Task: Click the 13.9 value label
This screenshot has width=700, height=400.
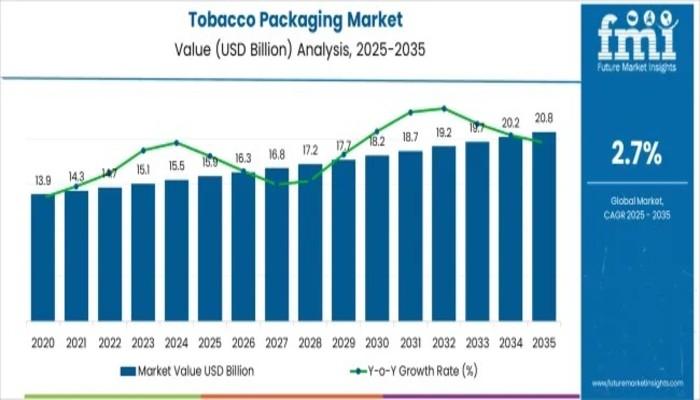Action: pyautogui.click(x=43, y=181)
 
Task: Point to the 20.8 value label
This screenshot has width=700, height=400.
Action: pyautogui.click(x=544, y=119)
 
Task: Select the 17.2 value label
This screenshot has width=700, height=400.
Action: pyautogui.click(x=310, y=151)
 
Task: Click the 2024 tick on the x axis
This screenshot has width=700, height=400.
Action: pyautogui.click(x=176, y=341)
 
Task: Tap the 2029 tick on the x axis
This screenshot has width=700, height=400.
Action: pyautogui.click(x=343, y=341)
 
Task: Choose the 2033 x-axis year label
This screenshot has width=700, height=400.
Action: pyautogui.click(x=477, y=341)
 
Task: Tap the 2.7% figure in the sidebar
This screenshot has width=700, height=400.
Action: pyautogui.click(x=636, y=153)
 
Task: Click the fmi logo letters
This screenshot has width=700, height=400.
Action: pyautogui.click(x=636, y=36)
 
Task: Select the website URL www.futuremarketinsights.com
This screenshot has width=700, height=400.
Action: pyautogui.click(x=636, y=383)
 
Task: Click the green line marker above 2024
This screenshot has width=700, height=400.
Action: pyautogui.click(x=176, y=142)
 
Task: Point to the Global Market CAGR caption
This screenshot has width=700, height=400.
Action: pyautogui.click(x=636, y=208)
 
